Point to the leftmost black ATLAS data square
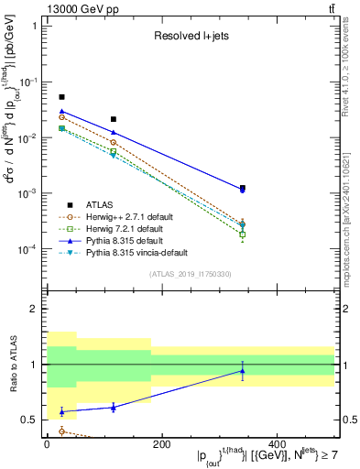click(x=61, y=97)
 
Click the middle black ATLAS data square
click(x=114, y=119)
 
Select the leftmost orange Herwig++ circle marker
click(x=61, y=117)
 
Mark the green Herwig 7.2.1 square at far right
click(x=243, y=234)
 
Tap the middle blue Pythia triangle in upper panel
click(x=114, y=133)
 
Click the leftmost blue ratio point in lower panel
click(x=61, y=412)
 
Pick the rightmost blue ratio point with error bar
click(x=243, y=371)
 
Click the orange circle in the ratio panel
click(x=61, y=431)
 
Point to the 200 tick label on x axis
click(x=161, y=443)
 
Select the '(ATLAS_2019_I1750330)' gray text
click(x=190, y=274)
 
